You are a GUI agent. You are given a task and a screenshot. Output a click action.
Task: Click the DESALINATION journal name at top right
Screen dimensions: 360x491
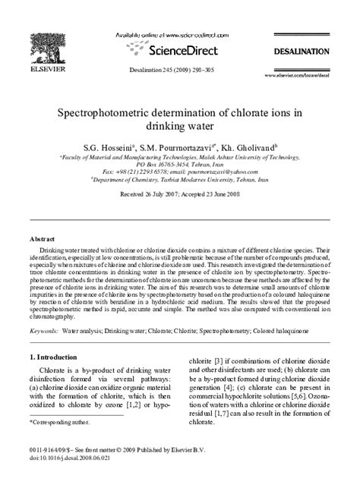click(x=302, y=51)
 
